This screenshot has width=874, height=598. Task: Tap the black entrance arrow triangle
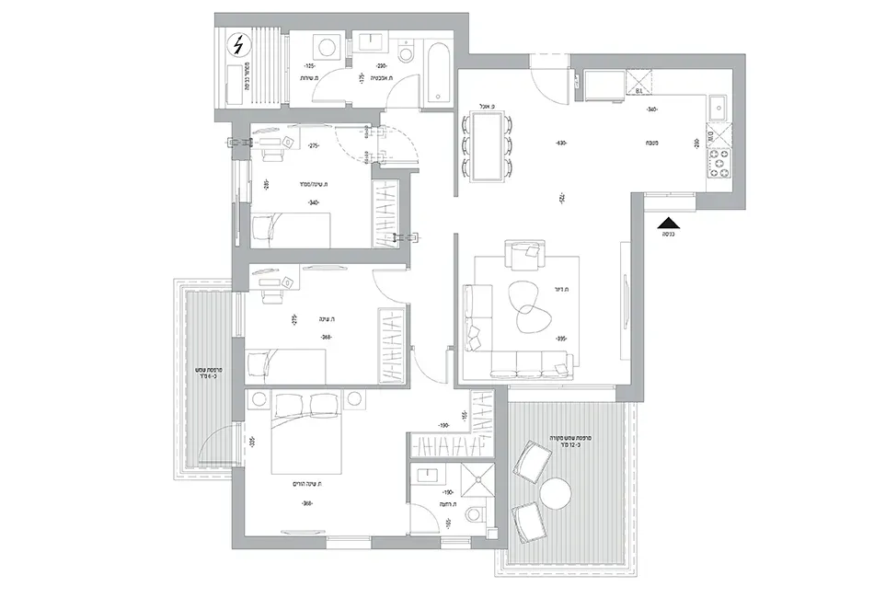pyautogui.click(x=670, y=222)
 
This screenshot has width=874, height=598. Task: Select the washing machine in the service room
pyautogui.click(x=326, y=47)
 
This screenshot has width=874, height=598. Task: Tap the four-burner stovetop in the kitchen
pyautogui.click(x=718, y=164)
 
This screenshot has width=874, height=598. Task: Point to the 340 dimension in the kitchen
pyautogui.click(x=651, y=109)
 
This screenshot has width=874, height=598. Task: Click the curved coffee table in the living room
pyautogui.click(x=525, y=305)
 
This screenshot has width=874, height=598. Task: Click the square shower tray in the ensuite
pyautogui.click(x=479, y=478)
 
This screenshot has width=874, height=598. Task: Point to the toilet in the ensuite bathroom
pyautogui.click(x=475, y=512)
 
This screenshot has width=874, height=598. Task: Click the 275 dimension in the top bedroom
pyautogui.click(x=313, y=146)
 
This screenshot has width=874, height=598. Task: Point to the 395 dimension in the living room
pyautogui.click(x=560, y=339)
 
